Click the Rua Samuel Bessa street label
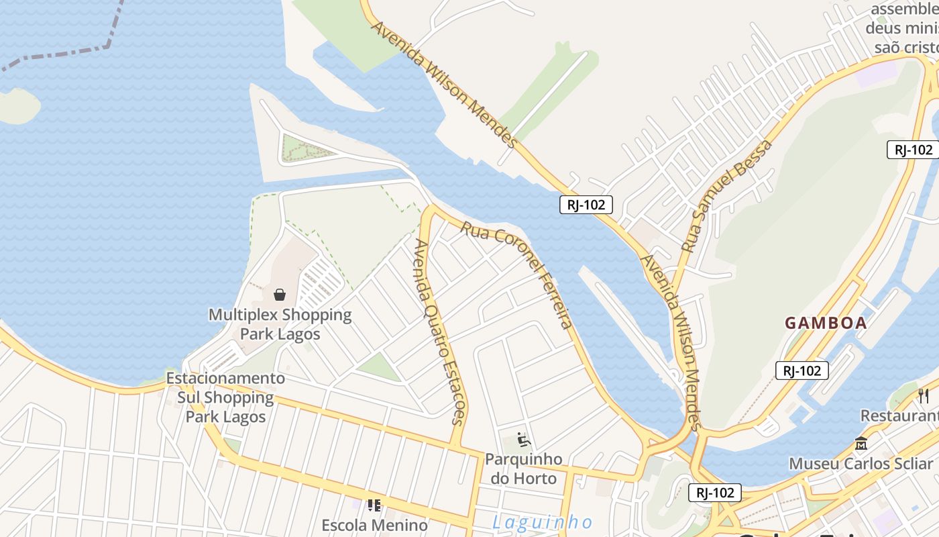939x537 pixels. [726, 195]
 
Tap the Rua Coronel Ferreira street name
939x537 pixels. [516, 275]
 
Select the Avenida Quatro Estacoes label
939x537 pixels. [439, 332]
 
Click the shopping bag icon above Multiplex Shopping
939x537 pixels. [280, 294]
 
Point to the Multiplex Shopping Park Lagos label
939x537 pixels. [280, 324]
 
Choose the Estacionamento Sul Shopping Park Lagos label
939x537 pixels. [225, 397]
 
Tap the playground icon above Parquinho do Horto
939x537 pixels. [524, 440]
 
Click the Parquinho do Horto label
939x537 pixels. [524, 469]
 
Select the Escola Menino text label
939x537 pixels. [374, 525]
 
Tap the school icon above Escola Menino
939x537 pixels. [374, 505]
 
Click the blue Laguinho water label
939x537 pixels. [543, 522]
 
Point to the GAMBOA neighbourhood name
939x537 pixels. [826, 323]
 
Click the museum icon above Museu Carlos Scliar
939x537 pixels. [861, 443]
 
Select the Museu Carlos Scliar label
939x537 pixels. [863, 464]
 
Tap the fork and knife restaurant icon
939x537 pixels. [924, 395]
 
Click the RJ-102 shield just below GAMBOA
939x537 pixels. [802, 370]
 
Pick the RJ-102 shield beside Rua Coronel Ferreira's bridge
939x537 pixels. [586, 205]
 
